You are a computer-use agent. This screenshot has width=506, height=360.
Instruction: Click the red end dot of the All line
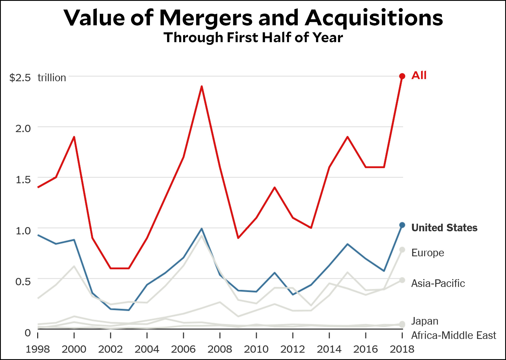[402, 76]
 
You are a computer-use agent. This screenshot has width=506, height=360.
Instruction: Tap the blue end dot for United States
[402, 225]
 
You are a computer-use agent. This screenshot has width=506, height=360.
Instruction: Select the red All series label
[419, 75]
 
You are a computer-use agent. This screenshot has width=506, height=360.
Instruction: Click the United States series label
[444, 228]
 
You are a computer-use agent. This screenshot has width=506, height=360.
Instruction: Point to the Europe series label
[428, 253]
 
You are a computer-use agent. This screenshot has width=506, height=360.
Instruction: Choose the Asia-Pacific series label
[438, 283]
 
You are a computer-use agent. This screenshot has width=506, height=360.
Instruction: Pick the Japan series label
[425, 321]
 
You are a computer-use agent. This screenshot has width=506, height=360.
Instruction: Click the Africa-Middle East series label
[453, 335]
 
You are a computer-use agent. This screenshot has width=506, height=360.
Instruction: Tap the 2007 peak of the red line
[202, 87]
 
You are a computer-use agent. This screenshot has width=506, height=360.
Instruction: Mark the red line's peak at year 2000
[74, 137]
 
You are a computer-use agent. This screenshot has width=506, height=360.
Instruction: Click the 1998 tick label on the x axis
[38, 349]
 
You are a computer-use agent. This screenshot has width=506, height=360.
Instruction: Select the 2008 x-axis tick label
[220, 349]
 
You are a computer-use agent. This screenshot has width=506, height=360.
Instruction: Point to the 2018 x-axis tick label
[402, 349]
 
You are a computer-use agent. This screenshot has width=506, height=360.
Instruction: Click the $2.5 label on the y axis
[20, 78]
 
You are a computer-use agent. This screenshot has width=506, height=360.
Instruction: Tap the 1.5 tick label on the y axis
[23, 180]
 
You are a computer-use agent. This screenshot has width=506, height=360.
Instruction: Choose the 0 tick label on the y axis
[28, 333]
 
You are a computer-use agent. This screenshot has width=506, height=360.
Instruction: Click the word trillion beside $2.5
[52, 78]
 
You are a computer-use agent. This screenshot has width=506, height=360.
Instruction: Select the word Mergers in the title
[206, 18]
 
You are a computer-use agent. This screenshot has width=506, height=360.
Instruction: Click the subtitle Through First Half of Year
[253, 38]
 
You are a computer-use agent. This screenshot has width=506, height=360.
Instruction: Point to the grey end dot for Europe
[402, 250]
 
